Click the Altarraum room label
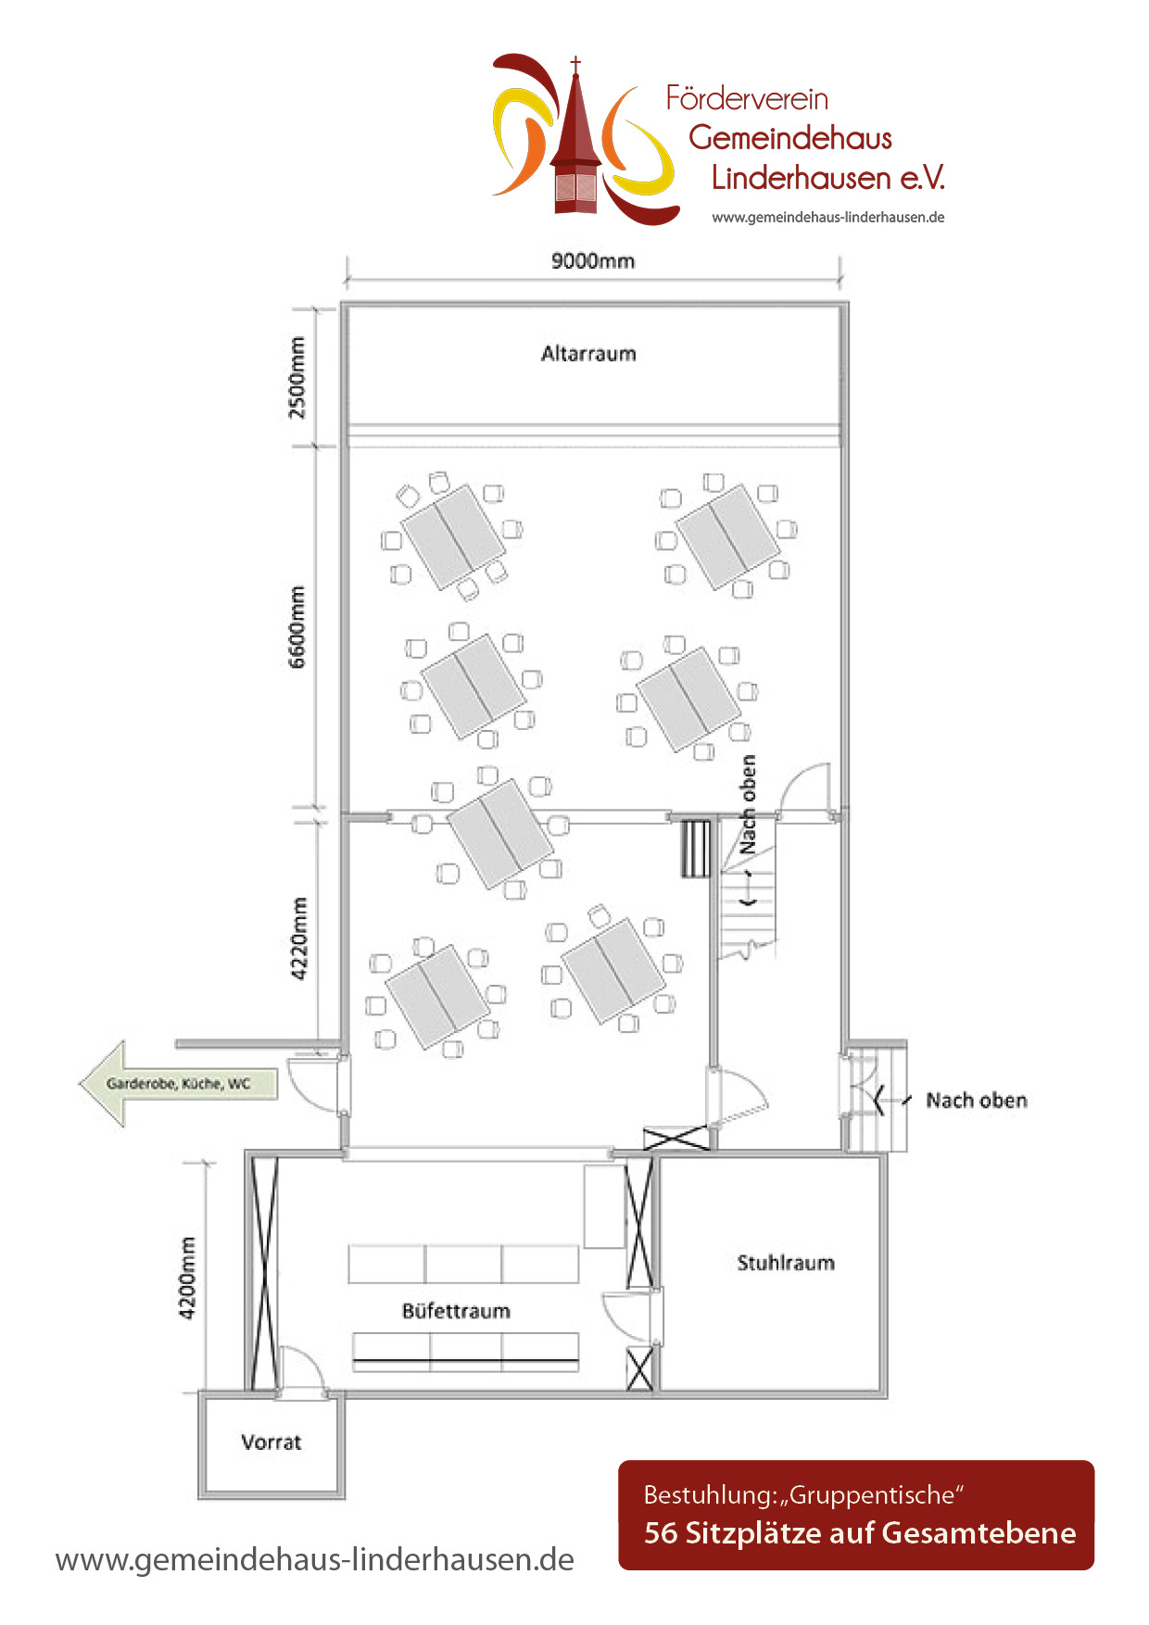point(588,353)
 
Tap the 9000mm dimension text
point(593,260)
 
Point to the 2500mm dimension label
point(297,377)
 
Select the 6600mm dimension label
point(297,626)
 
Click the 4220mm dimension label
point(298,938)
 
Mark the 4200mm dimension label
point(187,1278)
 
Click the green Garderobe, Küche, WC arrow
point(178,1083)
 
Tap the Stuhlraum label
point(786,1263)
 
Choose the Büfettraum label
point(456,1311)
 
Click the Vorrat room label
point(271,1442)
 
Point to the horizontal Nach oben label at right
point(977,1100)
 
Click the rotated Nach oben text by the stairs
point(748,804)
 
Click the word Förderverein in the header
point(747,98)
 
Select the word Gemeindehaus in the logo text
point(790,137)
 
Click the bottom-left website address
point(315,1559)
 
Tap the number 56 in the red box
point(661,1532)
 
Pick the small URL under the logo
point(828,218)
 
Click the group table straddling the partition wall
point(500,833)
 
